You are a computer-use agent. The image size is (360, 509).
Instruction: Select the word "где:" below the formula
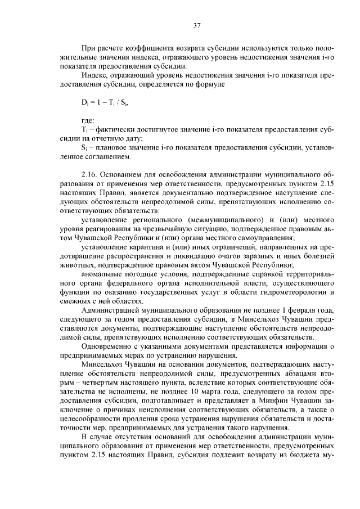pyautogui.click(x=88, y=120)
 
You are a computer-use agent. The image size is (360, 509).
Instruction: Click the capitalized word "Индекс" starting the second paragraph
pyautogui.click(x=94, y=75)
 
